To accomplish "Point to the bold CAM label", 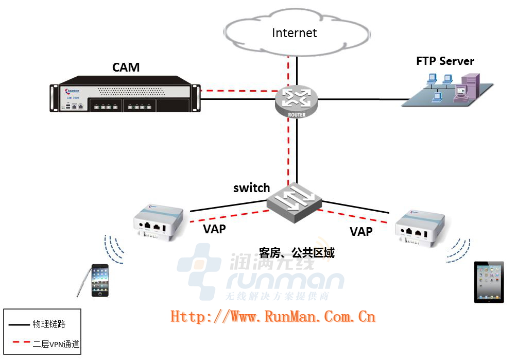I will click(126, 67).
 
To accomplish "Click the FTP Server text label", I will click(445, 61).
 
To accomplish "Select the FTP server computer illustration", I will click(447, 90).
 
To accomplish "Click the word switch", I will click(251, 188).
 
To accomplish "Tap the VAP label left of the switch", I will click(214, 229).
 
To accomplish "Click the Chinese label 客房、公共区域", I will click(297, 253).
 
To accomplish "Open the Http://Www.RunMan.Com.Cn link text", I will click(273, 316).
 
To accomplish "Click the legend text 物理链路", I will click(49, 324).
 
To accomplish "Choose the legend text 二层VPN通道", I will click(56, 344).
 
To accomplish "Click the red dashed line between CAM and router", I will click(237, 92).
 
